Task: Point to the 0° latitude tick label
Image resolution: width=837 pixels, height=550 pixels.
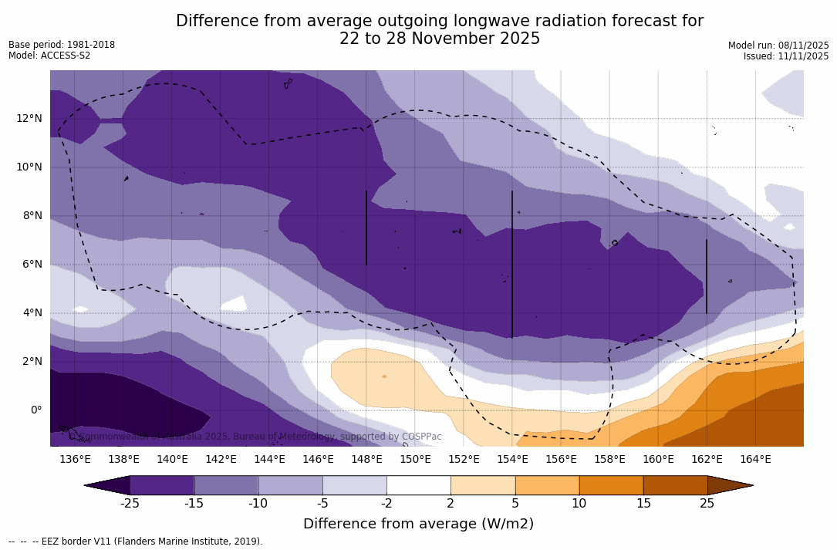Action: [36, 410]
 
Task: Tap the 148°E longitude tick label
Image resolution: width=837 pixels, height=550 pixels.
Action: [366, 460]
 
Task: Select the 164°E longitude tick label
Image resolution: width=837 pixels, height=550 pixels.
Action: [755, 460]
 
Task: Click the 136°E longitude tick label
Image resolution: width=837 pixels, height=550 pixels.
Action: [75, 460]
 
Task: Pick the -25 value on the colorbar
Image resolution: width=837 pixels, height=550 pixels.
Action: [130, 504]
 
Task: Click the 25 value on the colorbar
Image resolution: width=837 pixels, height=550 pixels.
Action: [707, 504]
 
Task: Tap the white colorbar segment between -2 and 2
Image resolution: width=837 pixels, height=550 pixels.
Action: [418, 485]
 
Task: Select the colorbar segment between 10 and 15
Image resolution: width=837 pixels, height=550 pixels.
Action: [611, 485]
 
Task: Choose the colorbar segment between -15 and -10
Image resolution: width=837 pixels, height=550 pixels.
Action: [226, 485]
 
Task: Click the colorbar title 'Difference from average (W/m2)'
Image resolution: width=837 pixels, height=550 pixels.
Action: [418, 524]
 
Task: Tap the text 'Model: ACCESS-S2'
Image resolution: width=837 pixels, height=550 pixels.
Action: [49, 56]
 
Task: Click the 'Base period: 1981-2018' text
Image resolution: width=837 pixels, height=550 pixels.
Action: [62, 45]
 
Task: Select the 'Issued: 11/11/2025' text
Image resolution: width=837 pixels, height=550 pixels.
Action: [786, 56]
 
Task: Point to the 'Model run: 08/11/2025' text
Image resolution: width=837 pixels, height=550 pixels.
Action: [778, 46]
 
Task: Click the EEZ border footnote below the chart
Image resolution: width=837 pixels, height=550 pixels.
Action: [136, 542]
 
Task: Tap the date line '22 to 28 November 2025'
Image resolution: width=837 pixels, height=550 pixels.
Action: [440, 39]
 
